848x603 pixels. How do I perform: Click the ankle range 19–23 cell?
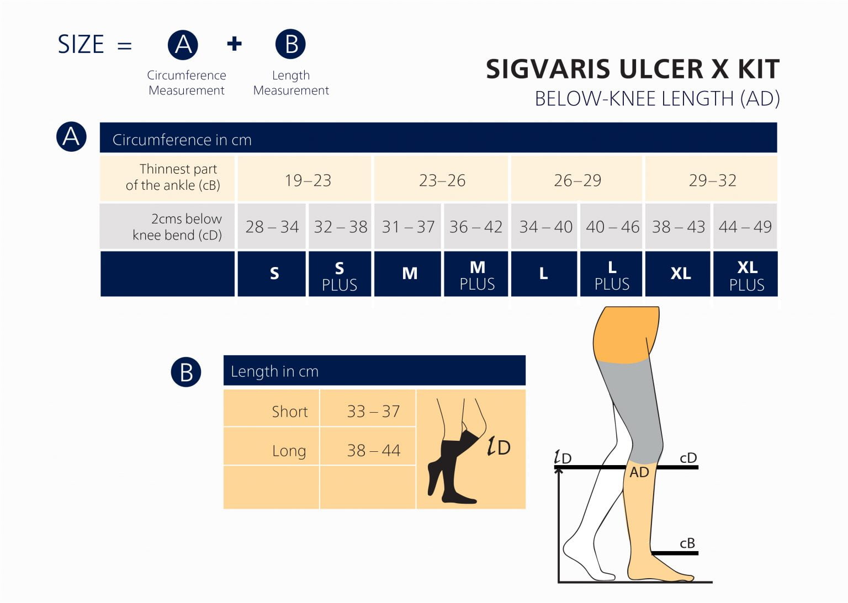(x=308, y=180)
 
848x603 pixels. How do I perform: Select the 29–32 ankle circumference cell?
(x=712, y=180)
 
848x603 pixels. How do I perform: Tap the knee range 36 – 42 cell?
(x=475, y=227)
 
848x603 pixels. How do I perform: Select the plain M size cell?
(x=410, y=274)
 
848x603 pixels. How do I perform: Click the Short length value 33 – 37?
(x=373, y=411)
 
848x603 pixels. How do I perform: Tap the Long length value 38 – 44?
(x=373, y=450)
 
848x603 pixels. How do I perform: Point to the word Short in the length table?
(x=289, y=412)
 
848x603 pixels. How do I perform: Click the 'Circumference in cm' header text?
(x=182, y=140)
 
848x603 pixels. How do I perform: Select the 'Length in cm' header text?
(x=274, y=371)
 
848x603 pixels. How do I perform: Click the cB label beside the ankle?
(x=687, y=543)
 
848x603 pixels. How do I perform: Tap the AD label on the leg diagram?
(x=639, y=472)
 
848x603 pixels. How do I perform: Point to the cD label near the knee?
(x=688, y=458)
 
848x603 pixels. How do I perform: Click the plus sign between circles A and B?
(x=235, y=44)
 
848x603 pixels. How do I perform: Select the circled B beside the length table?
(x=186, y=372)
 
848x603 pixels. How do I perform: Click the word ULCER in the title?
(x=661, y=70)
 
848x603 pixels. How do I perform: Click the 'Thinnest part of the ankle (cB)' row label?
(x=173, y=177)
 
